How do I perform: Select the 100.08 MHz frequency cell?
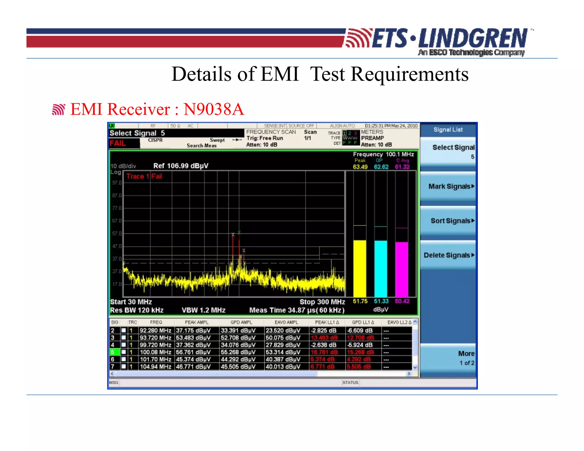coord(156,352)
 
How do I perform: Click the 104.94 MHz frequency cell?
coord(156,367)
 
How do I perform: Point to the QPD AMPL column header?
coord(241,322)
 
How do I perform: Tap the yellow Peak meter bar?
coord(360,268)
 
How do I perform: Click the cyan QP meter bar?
coord(381,268)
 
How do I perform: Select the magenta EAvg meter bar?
coord(401,269)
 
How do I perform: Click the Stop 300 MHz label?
coord(322,302)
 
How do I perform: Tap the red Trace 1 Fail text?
coord(144,176)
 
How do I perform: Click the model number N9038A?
coord(214,109)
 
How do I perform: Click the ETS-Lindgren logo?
coord(436,40)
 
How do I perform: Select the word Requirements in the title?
coord(409,74)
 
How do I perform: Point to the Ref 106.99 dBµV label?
coord(181,166)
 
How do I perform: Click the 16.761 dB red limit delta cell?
coord(324,352)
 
